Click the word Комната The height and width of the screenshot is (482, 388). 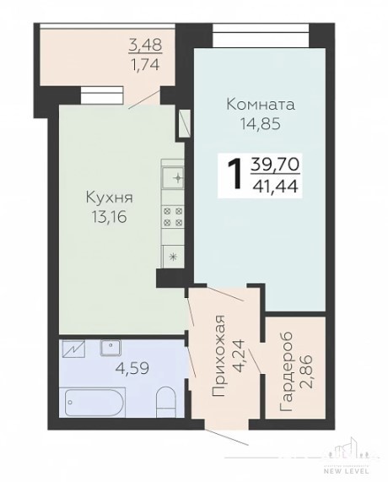[x=261, y=105]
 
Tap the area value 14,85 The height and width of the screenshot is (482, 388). [x=261, y=124]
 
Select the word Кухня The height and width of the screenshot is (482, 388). [x=109, y=198]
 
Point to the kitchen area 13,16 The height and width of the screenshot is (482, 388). [x=109, y=217]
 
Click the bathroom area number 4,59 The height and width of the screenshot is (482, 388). [x=132, y=368]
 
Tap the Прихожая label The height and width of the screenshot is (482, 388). [x=220, y=356]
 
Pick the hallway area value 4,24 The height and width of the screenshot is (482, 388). [x=239, y=355]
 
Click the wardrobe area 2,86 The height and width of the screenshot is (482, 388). [x=306, y=372]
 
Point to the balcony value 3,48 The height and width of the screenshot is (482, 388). [x=145, y=46]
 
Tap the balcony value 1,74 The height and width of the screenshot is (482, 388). [x=145, y=64]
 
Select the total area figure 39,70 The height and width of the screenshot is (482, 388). [x=275, y=165]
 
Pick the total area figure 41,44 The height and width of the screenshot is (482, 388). [x=276, y=186]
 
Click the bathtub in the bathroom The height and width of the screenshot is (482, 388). [x=94, y=403]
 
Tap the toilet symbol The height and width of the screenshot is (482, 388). [x=166, y=401]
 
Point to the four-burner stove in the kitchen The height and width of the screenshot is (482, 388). [x=173, y=217]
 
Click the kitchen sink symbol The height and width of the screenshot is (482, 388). [x=173, y=178]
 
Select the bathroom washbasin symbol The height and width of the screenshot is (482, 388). [x=110, y=348]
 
